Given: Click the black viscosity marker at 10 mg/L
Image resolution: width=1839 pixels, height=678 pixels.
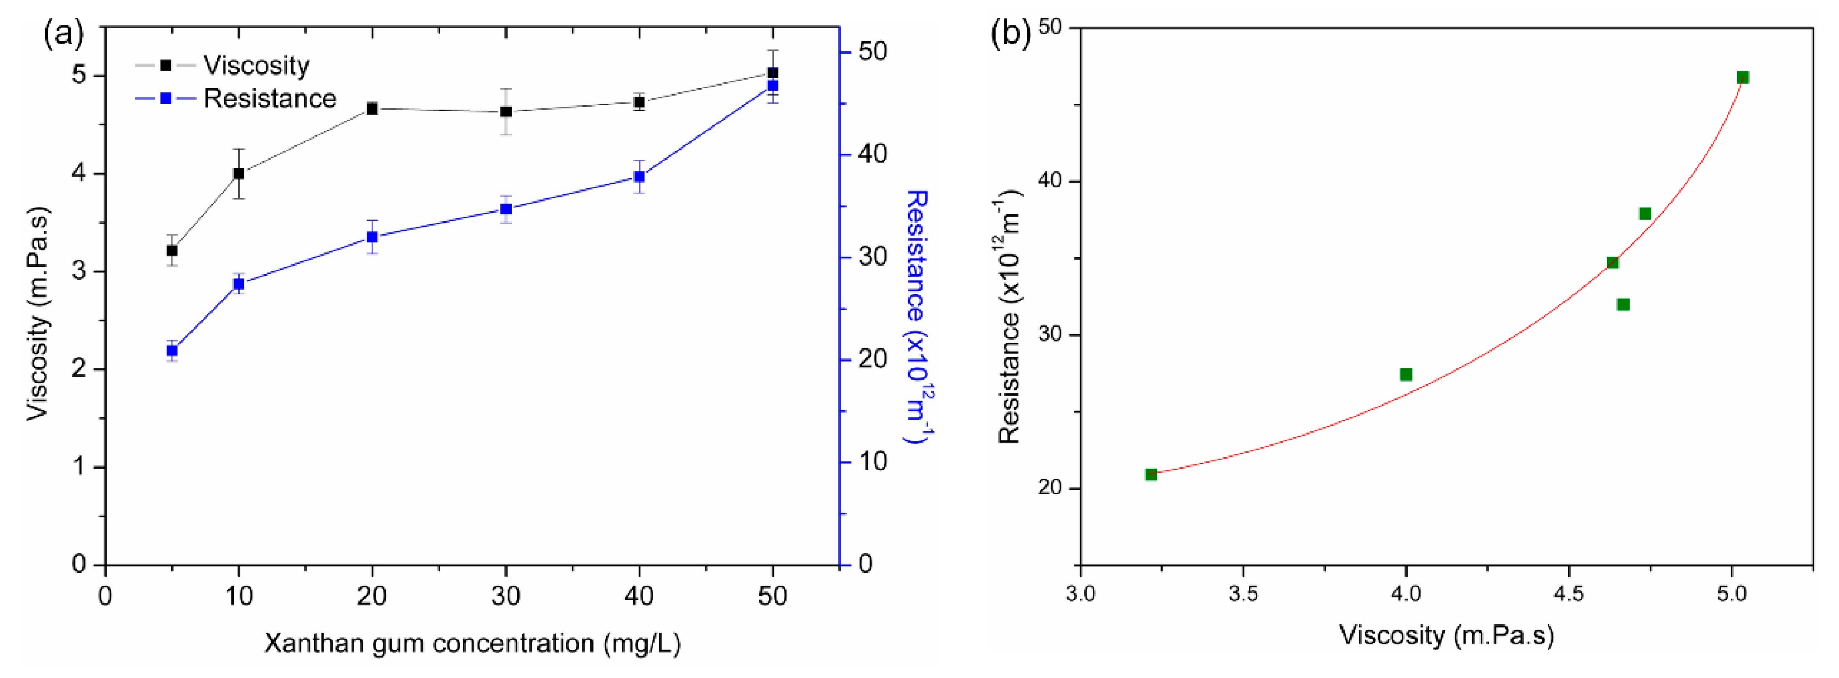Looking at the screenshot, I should (x=238, y=173).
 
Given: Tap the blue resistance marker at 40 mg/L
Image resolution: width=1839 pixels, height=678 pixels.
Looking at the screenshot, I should (x=639, y=177).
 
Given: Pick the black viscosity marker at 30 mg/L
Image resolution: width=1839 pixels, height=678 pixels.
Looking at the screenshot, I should (x=505, y=111).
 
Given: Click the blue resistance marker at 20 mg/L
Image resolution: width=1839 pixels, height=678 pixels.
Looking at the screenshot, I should (x=372, y=237).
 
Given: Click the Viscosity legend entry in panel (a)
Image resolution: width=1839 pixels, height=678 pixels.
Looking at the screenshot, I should (x=256, y=66).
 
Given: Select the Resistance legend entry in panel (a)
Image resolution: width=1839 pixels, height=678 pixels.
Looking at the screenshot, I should (x=269, y=99).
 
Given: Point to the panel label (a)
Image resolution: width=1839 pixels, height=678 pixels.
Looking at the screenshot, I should (x=64, y=34).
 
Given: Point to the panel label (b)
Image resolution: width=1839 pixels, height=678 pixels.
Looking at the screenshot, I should (x=1011, y=34).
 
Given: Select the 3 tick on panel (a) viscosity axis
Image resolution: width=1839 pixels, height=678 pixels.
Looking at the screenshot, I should (x=79, y=271).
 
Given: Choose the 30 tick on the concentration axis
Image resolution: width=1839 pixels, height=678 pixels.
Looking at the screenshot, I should (x=505, y=595).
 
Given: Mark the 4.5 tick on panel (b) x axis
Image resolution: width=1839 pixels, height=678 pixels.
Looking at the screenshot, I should (x=1568, y=595).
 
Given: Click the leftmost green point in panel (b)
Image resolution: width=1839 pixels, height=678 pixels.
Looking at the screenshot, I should (x=1151, y=474).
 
